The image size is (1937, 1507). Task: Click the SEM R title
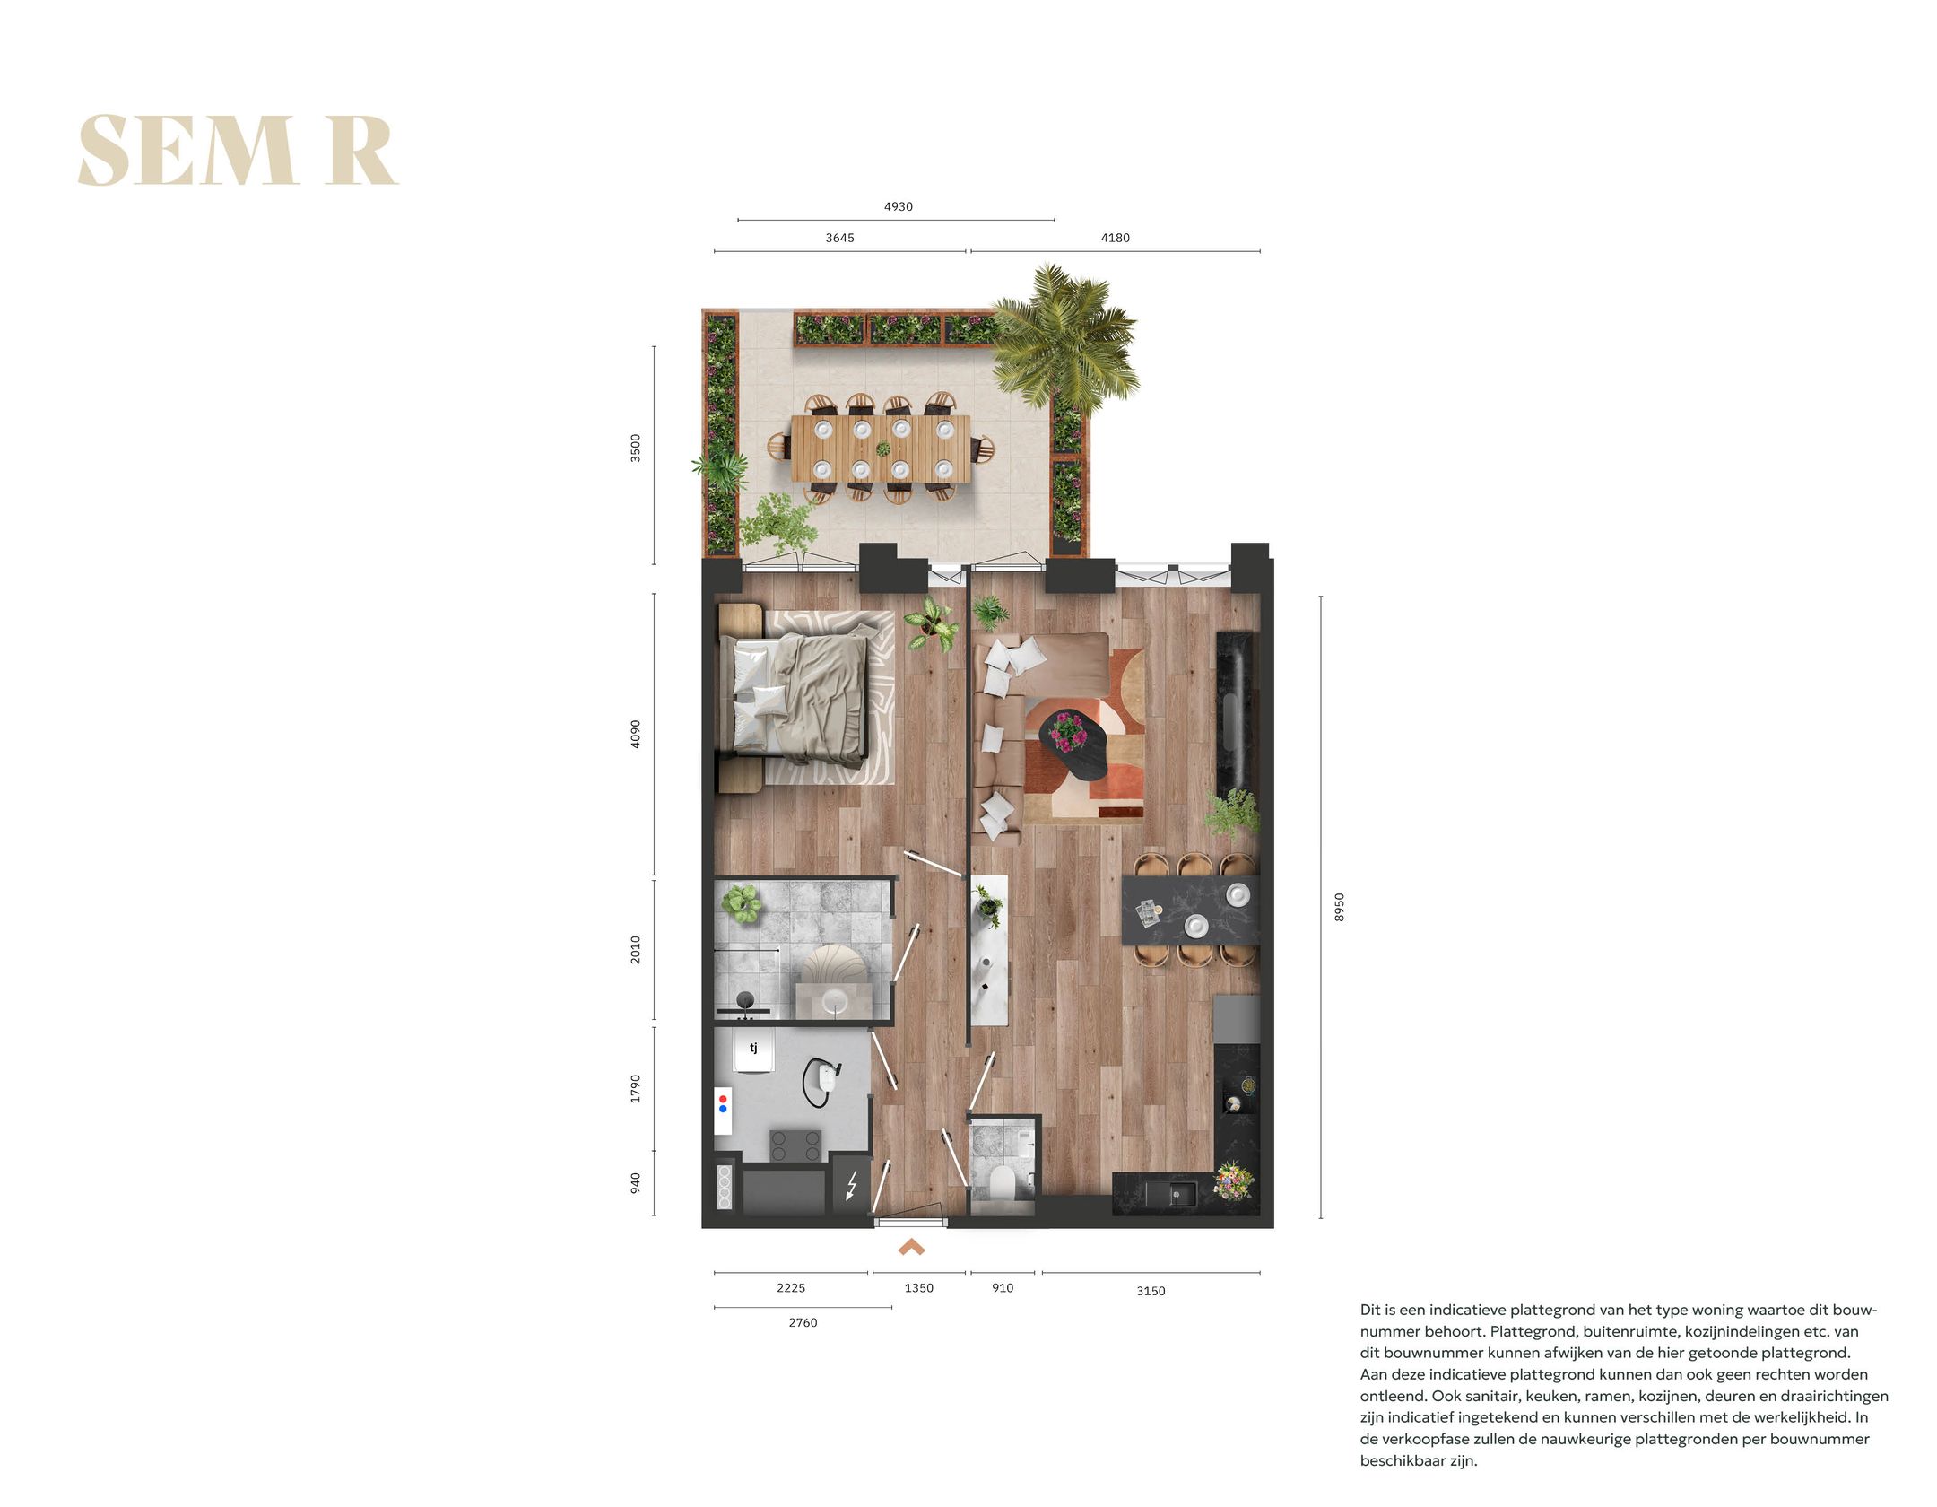coord(238,151)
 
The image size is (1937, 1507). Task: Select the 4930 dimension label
coord(898,206)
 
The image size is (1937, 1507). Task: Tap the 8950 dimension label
coord(1339,907)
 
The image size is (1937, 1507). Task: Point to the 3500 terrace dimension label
coord(636,448)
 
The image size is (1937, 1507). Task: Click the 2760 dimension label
coord(803,1322)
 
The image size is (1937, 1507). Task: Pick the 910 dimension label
coord(1003,1288)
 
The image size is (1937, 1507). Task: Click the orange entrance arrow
coord(911,1247)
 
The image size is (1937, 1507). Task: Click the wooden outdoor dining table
coord(881,449)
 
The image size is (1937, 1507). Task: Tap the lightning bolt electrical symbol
coord(851,1186)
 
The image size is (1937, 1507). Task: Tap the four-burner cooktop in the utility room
coord(796,1145)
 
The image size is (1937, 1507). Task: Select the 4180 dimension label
coord(1115,238)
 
